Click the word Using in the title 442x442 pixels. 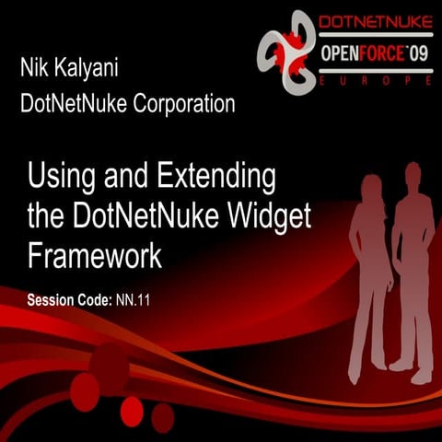coord(61,175)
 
